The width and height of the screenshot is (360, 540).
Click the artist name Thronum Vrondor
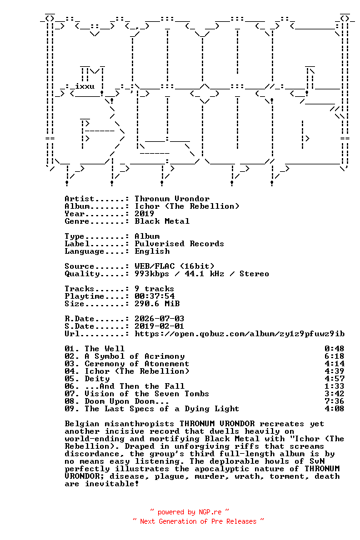click(172, 199)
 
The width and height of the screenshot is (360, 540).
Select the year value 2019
click(144, 214)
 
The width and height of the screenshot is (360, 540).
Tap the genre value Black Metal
click(162, 221)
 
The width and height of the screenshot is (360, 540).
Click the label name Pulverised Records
click(179, 244)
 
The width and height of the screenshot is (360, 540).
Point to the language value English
click(152, 251)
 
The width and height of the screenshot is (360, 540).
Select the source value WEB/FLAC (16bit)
click(174, 266)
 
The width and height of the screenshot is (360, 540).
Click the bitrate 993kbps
click(152, 274)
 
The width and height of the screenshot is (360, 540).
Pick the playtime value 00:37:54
click(154, 296)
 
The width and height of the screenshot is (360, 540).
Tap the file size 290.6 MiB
click(157, 304)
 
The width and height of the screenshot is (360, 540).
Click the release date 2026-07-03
click(159, 319)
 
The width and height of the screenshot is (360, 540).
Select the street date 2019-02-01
click(159, 326)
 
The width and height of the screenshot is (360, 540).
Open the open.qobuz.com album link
click(239, 334)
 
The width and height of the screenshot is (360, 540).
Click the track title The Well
click(105, 349)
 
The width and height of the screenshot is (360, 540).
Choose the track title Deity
click(97, 379)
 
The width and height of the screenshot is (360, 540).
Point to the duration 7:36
click(334, 401)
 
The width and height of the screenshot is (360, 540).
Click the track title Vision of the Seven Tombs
click(147, 394)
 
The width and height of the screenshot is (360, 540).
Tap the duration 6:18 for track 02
click(334, 356)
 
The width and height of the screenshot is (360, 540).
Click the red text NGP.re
click(210, 512)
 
